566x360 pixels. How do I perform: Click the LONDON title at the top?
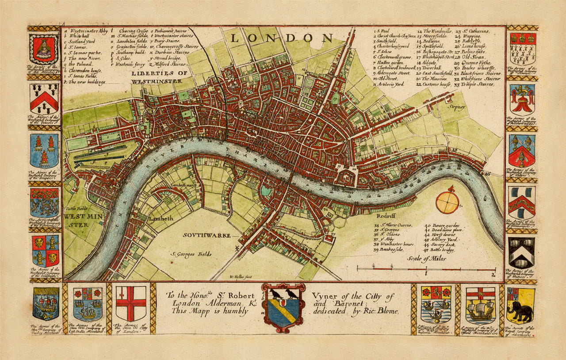pyautogui.click(x=281, y=38)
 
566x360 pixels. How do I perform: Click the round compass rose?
pyautogui.click(x=447, y=202)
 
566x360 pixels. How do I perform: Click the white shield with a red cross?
pyautogui.click(x=131, y=303)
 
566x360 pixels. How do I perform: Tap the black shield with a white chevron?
pyautogui.click(x=521, y=253)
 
